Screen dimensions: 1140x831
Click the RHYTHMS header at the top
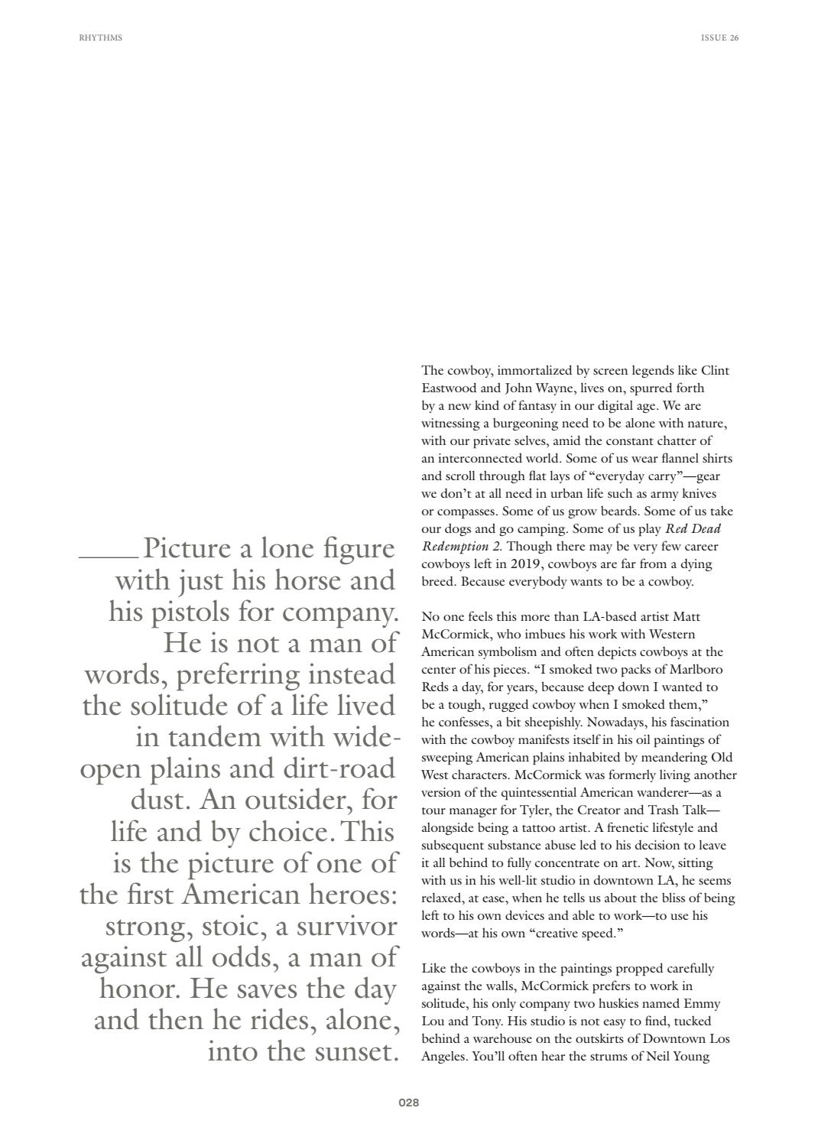tap(100, 37)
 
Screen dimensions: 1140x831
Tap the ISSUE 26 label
tap(719, 37)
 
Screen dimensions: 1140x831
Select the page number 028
tap(409, 1103)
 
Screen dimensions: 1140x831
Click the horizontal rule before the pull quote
tap(109, 557)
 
